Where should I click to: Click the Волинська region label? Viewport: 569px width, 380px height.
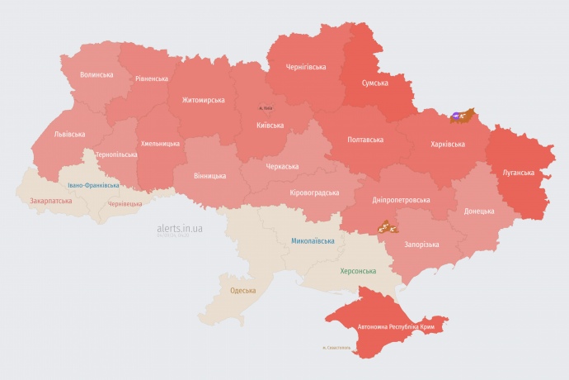point(96,75)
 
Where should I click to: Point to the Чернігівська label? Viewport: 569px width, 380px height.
point(305,67)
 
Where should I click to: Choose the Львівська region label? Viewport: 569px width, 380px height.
point(69,133)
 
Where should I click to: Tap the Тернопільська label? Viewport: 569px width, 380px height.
point(116,154)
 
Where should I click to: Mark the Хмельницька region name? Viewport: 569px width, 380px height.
point(160,144)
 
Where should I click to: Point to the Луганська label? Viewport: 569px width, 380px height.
point(519,173)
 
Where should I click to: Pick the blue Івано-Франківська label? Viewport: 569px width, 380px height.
point(93,186)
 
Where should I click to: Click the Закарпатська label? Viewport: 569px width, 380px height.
point(49,201)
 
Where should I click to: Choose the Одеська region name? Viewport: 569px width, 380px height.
point(242,291)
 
